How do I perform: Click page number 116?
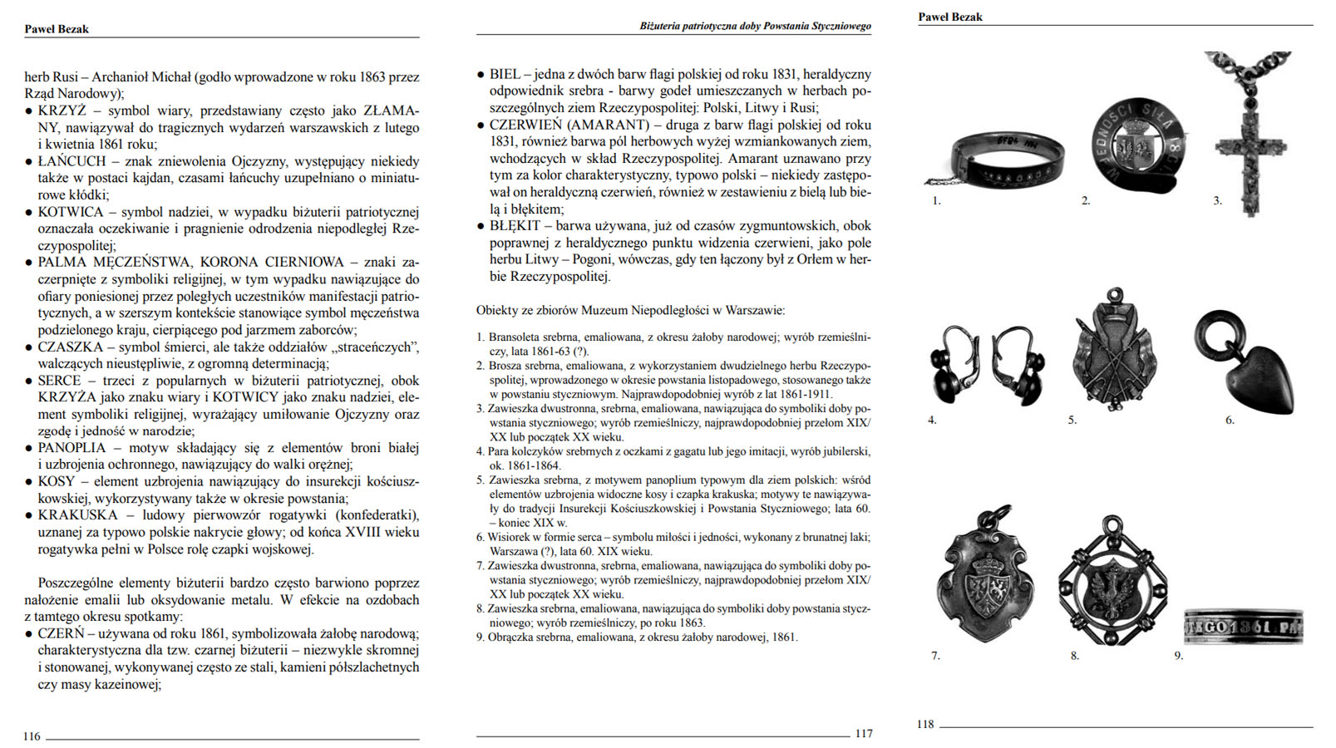(x=32, y=736)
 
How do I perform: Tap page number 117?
(x=864, y=733)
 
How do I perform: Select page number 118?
(x=925, y=724)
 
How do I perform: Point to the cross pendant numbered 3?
(x=1248, y=141)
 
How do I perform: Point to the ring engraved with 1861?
(x=1243, y=625)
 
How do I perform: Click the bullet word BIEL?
(x=505, y=74)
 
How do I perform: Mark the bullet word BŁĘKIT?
(x=515, y=225)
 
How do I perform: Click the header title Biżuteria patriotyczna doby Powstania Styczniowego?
(x=755, y=27)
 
